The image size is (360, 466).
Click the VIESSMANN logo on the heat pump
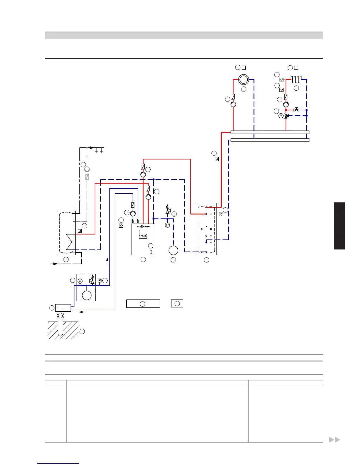click(143, 227)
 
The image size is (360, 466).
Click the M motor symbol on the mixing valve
click(281, 116)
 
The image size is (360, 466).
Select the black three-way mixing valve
click(286, 116)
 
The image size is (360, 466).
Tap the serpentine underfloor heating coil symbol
click(296, 79)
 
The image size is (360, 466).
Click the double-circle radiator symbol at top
click(244, 79)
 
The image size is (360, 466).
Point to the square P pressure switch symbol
click(100, 280)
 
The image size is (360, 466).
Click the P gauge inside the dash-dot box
click(80, 281)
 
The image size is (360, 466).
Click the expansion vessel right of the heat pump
click(173, 250)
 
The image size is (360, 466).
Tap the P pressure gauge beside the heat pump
click(167, 225)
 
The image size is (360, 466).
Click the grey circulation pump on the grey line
click(87, 169)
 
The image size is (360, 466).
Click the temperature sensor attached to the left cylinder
click(79, 231)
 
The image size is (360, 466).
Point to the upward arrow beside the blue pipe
click(107, 261)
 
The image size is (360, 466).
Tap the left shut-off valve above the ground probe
click(58, 316)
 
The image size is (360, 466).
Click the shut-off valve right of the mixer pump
click(296, 110)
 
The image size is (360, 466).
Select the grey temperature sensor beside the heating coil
click(281, 79)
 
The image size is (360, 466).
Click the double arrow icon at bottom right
click(334, 440)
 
